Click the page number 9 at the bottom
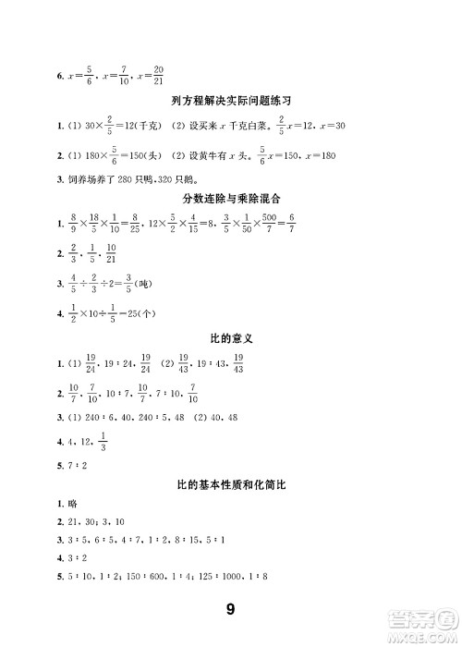pyautogui.click(x=231, y=609)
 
